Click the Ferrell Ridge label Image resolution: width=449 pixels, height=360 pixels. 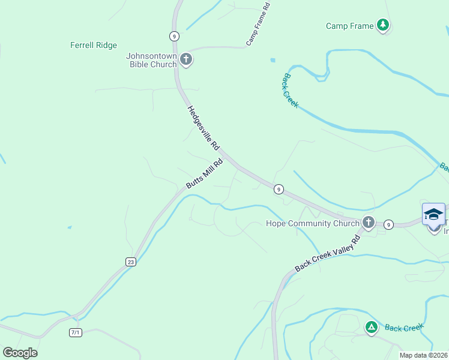[x=93, y=45]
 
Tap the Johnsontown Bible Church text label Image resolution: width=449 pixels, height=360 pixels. [x=151, y=60]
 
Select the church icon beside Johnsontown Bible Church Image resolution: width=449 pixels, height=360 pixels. [x=186, y=59]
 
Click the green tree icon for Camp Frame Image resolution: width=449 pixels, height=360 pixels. [x=383, y=25]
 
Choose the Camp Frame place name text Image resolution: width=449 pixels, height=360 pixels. [x=349, y=26]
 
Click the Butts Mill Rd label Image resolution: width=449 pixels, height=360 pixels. [x=204, y=173]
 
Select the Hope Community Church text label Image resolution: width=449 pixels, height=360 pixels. [x=312, y=223]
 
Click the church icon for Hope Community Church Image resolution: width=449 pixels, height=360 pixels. [x=369, y=223]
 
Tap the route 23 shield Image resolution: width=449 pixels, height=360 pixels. [x=130, y=262]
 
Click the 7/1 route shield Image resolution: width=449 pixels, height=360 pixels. [x=76, y=332]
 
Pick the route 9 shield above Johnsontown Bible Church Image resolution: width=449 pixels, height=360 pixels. [x=173, y=36]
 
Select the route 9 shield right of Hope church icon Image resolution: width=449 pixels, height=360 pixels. [x=389, y=224]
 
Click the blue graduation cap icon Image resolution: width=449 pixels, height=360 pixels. [x=433, y=214]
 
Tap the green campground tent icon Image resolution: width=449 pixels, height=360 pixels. [x=372, y=327]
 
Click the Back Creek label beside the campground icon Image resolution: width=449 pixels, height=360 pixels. [x=404, y=327]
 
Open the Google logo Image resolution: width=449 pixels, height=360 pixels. [x=20, y=353]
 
